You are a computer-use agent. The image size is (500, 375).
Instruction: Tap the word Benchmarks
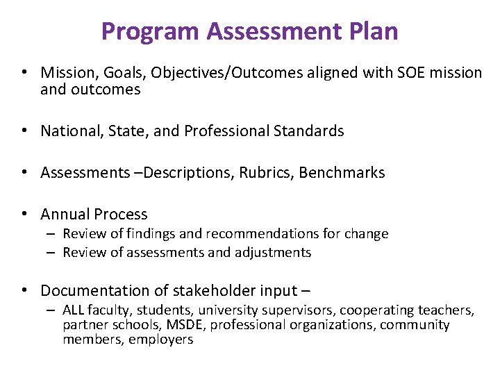342,172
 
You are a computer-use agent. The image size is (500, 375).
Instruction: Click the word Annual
65,214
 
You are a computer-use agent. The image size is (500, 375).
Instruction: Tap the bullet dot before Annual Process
24,214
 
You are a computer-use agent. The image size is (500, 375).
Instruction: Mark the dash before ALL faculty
52,310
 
